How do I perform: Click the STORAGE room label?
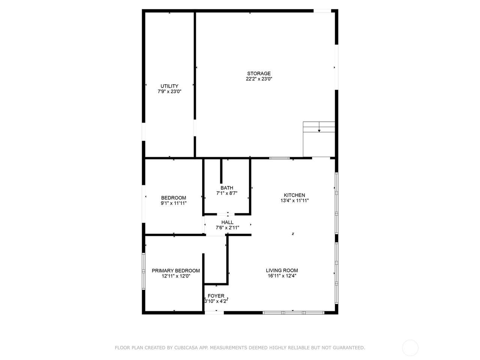pyautogui.click(x=259, y=73)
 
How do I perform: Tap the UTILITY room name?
pyautogui.click(x=169, y=86)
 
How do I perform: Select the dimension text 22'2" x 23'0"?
pyautogui.click(x=259, y=79)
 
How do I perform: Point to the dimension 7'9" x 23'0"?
pyautogui.click(x=169, y=91)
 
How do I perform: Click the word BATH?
pyautogui.click(x=227, y=188)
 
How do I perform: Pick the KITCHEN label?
pyautogui.click(x=294, y=195)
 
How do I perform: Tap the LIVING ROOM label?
pyautogui.click(x=282, y=270)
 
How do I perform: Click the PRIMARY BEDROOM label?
pyautogui.click(x=176, y=271)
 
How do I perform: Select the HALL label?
pyautogui.click(x=227, y=222)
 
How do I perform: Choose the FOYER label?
pyautogui.click(x=216, y=296)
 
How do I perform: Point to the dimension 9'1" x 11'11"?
pyautogui.click(x=174, y=203)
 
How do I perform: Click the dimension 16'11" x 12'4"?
pyautogui.click(x=282, y=276)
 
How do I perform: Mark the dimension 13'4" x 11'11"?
pyautogui.click(x=294, y=200)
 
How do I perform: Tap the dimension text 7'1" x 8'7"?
pyautogui.click(x=227, y=193)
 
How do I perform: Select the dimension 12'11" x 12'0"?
pyautogui.click(x=176, y=276)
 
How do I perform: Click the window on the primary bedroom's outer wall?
pyautogui.click(x=144, y=271)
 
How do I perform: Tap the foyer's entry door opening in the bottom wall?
pyautogui.click(x=214, y=313)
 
